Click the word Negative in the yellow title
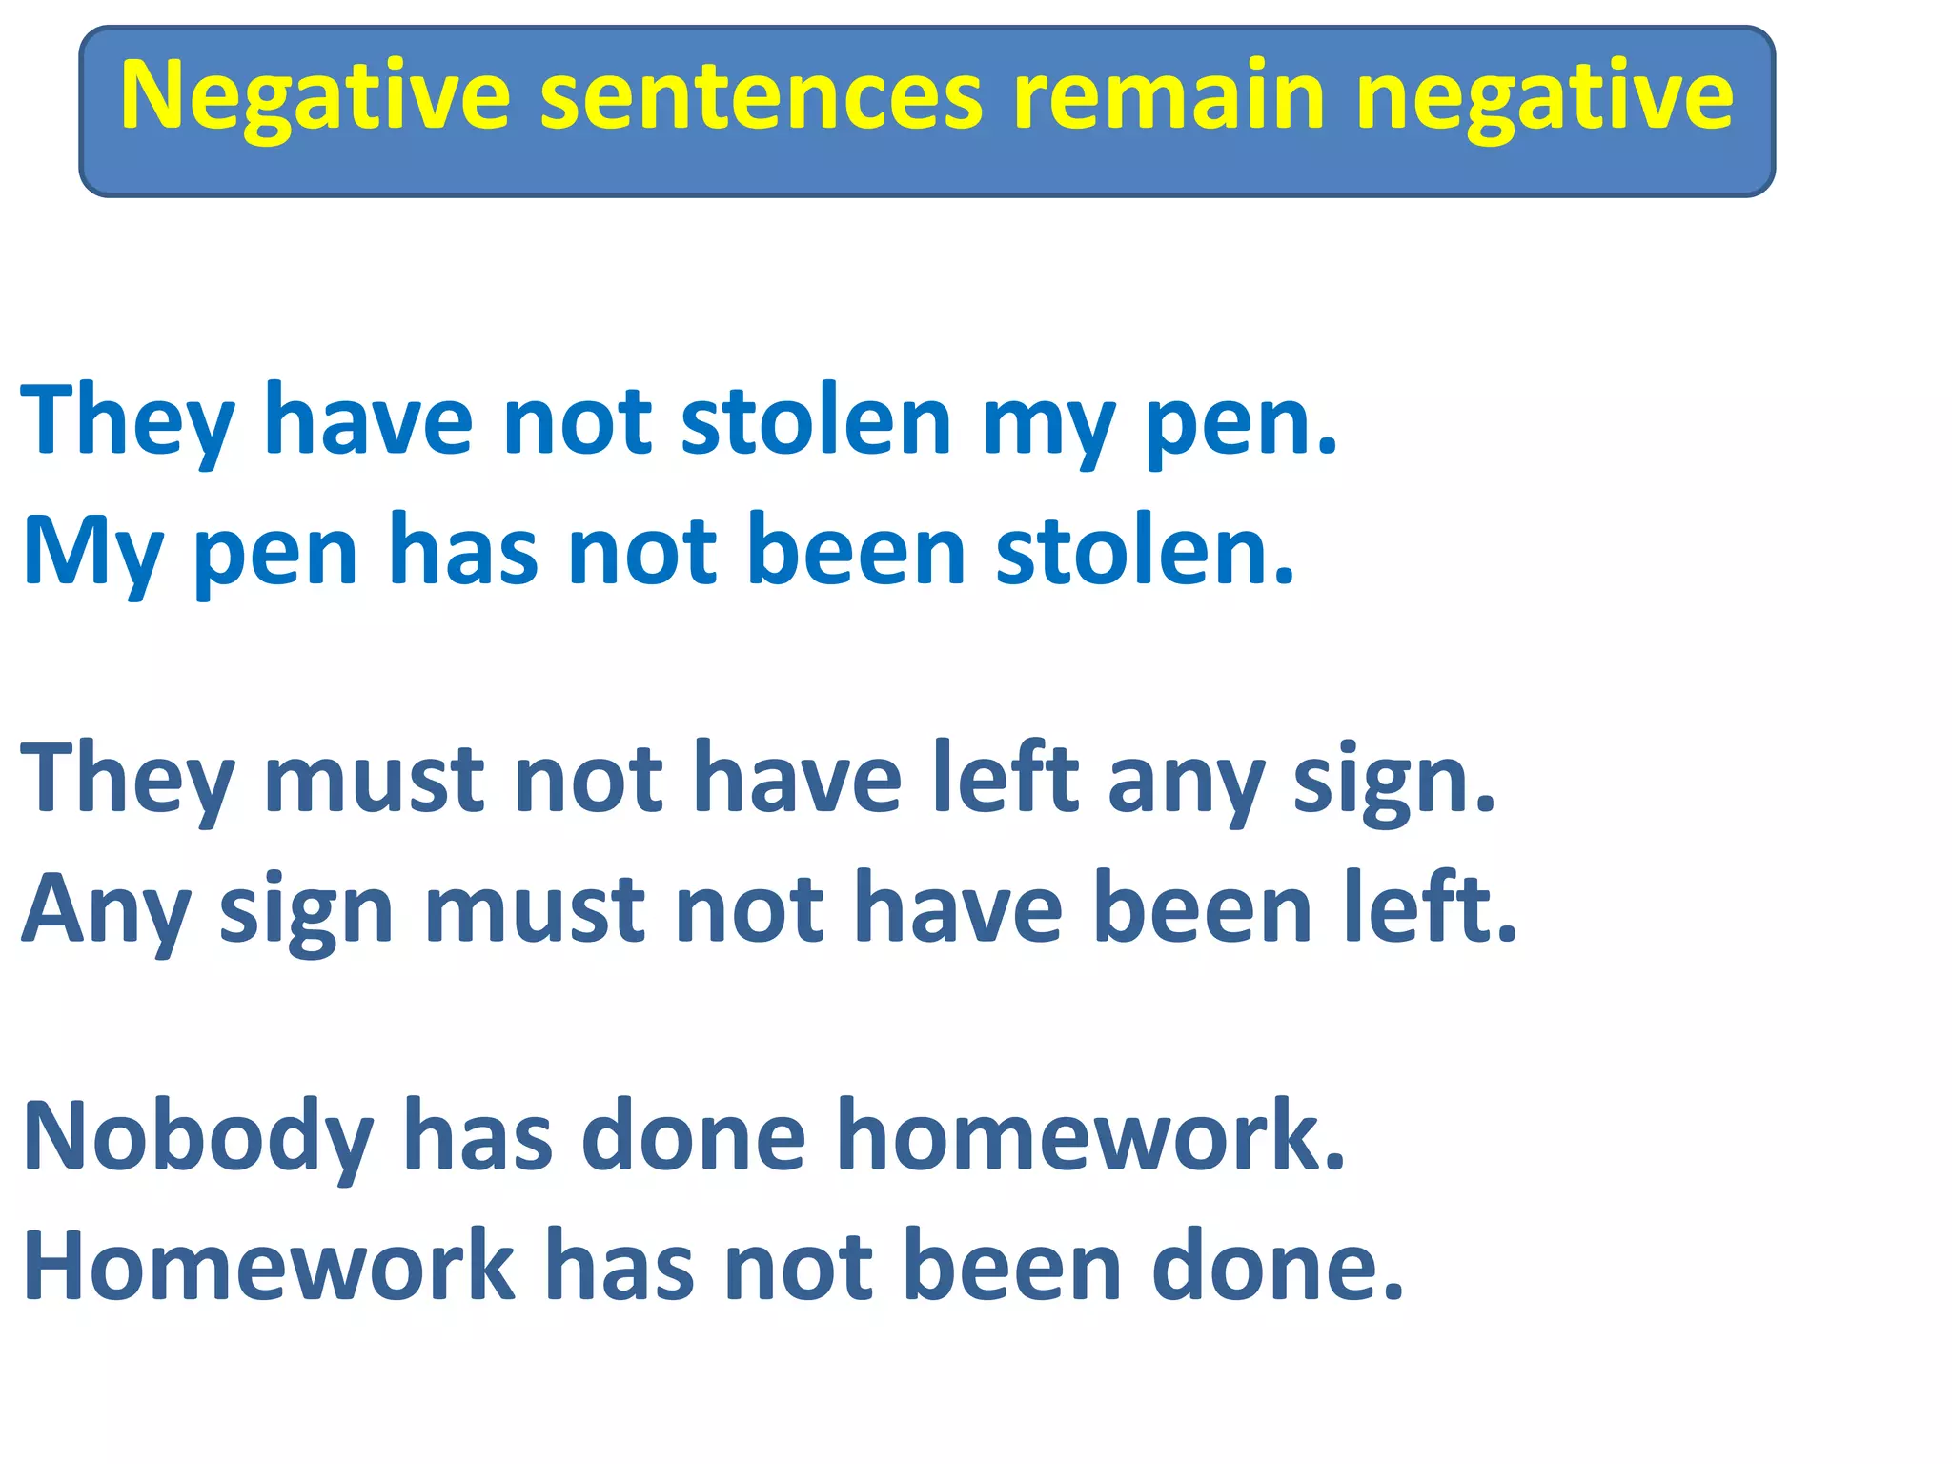[x=315, y=97]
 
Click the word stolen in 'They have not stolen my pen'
[x=816, y=421]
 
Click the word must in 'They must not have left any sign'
[x=374, y=780]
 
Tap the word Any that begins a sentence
[x=106, y=910]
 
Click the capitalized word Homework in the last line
[x=268, y=1267]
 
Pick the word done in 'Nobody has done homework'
[x=694, y=1137]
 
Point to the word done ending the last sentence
[x=1277, y=1267]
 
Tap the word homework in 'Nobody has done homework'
[x=1090, y=1137]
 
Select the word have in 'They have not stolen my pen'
[x=368, y=421]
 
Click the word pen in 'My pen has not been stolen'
[x=275, y=553]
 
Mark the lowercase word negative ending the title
[x=1544, y=97]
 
